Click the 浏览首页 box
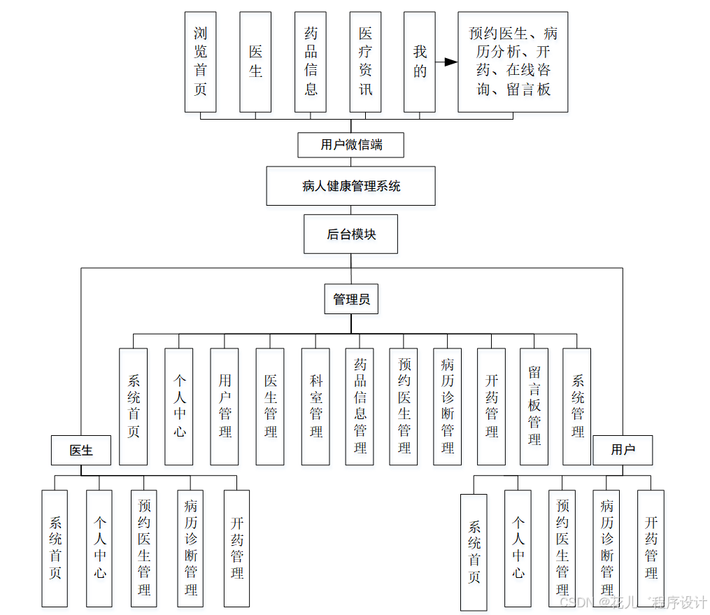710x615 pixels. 200,62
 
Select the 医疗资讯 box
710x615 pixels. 365,62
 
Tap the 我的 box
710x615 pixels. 420,62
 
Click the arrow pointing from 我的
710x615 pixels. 446,62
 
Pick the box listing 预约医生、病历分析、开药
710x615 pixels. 513,62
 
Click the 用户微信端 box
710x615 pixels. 351,145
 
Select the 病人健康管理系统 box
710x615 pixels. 351,185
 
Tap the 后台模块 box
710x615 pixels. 351,234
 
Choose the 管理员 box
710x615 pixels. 351,299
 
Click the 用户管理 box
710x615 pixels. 225,407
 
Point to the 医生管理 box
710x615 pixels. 270,407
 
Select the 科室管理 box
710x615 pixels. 316,407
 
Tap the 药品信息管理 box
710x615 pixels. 360,407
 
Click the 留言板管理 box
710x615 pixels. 534,407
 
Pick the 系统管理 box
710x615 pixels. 577,407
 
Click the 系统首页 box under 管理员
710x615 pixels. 134,407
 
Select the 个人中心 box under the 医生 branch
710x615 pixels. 99,547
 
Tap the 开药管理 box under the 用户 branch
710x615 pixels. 651,547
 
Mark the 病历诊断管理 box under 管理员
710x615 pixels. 447,407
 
